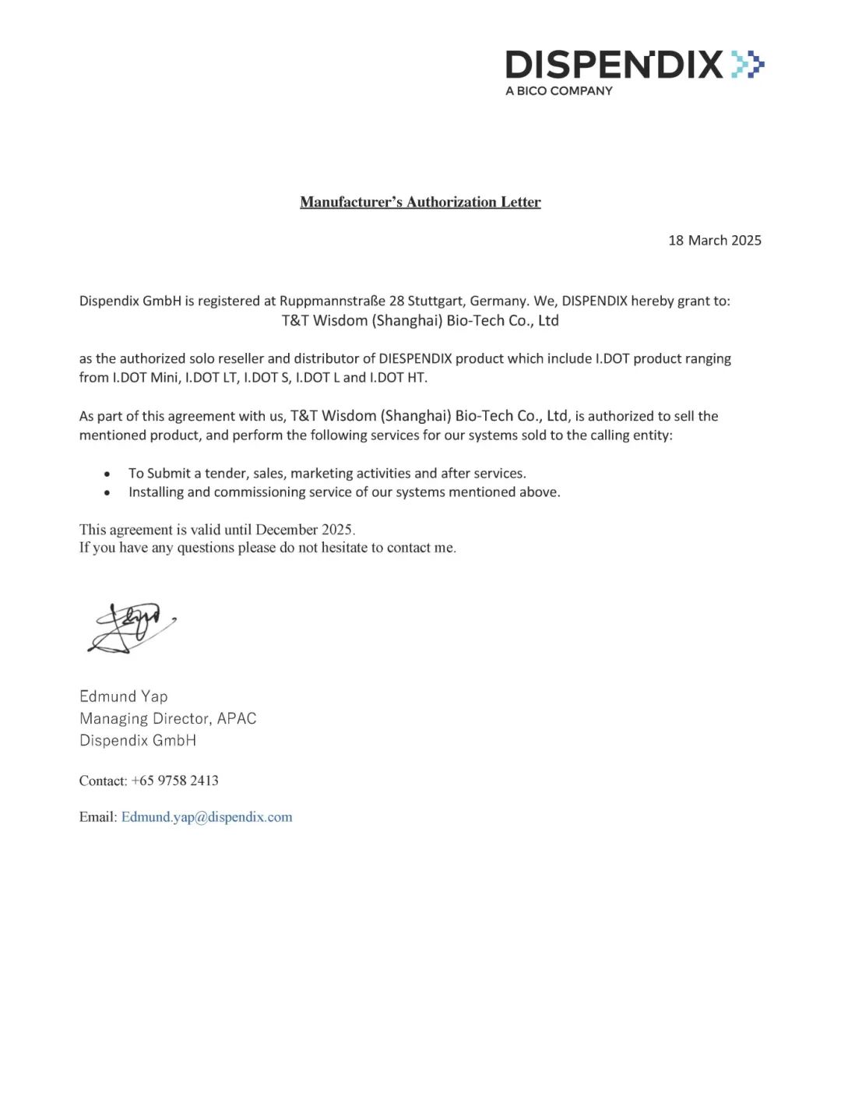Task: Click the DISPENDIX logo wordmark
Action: tap(614, 65)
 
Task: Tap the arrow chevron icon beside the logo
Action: tap(748, 64)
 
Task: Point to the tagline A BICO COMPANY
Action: tap(558, 91)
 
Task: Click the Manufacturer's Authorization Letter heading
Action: tap(420, 203)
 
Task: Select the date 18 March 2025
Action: tap(714, 241)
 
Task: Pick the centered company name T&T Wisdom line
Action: tap(420, 321)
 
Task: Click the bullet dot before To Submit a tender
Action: tap(107, 474)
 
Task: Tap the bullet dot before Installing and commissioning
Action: tap(107, 493)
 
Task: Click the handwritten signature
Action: tap(131, 627)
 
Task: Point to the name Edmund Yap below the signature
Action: tap(123, 696)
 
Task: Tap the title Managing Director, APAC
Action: tap(167, 718)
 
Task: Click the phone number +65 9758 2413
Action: tap(174, 781)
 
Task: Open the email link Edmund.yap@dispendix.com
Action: tap(206, 817)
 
